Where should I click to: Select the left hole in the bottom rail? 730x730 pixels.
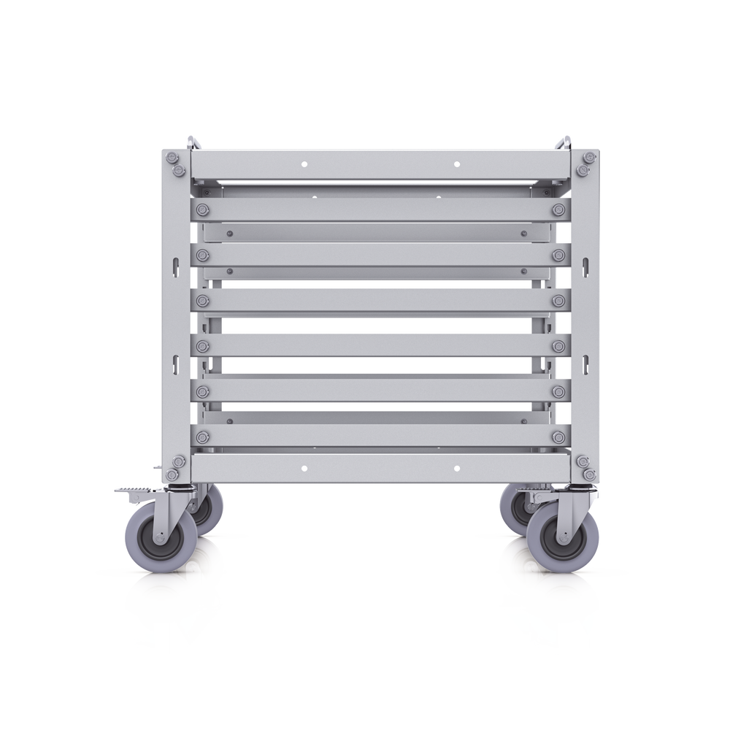pyautogui.click(x=304, y=467)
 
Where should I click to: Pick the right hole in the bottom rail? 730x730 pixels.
pyautogui.click(x=457, y=467)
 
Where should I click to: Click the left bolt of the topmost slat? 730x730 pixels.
pyautogui.click(x=202, y=210)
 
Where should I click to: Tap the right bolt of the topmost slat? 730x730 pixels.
pyautogui.click(x=558, y=210)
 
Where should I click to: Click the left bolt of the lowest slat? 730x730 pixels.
pyautogui.click(x=202, y=437)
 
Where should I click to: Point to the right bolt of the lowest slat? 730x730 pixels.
pyautogui.click(x=558, y=437)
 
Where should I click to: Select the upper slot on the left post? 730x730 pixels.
pyautogui.click(x=175, y=265)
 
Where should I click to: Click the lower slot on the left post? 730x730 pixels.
pyautogui.click(x=175, y=360)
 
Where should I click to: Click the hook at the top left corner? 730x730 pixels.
pyautogui.click(x=191, y=139)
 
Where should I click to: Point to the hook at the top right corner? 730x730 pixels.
pyautogui.click(x=565, y=139)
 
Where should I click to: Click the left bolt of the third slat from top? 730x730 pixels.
pyautogui.click(x=202, y=300)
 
